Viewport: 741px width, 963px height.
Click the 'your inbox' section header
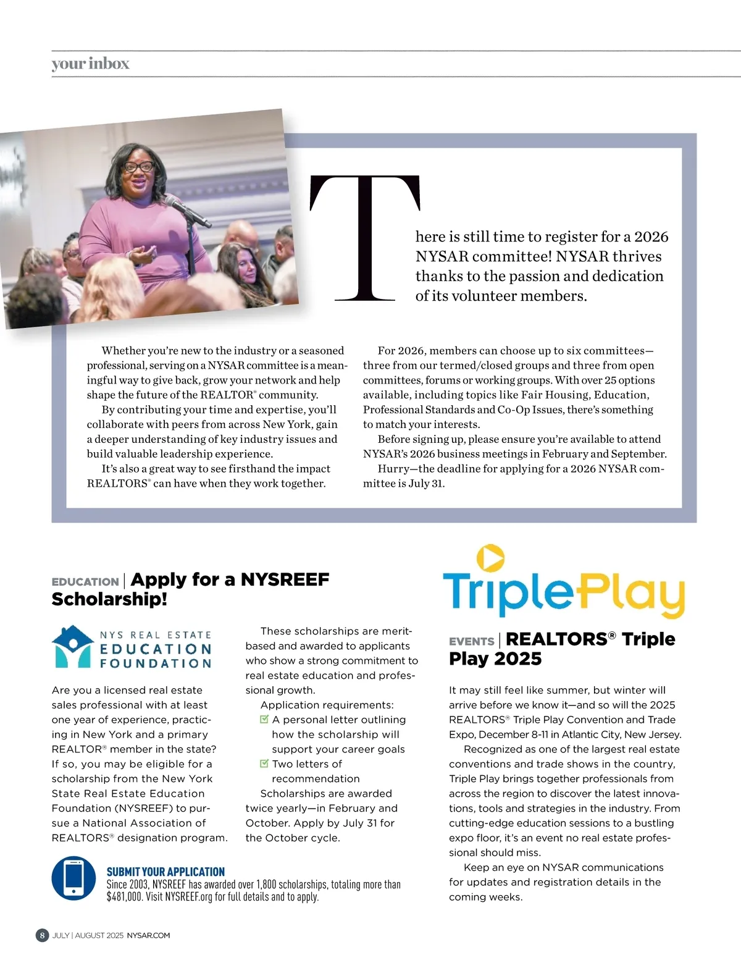click(x=90, y=64)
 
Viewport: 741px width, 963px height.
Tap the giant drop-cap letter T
click(x=365, y=238)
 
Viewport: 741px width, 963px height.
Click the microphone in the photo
click(x=186, y=211)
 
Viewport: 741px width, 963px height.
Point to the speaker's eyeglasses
click(x=140, y=166)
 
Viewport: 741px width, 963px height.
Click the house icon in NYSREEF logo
click(x=73, y=646)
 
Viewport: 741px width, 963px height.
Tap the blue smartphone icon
click(x=73, y=878)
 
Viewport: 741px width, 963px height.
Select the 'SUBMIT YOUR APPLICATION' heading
click(x=165, y=872)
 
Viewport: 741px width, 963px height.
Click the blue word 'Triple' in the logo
click(x=508, y=592)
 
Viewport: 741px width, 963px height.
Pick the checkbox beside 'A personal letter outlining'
click(x=264, y=719)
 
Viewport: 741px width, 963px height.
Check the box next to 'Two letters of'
click(x=264, y=763)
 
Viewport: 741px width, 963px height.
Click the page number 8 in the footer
click(x=42, y=935)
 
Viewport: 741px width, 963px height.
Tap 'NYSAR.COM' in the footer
click(x=148, y=935)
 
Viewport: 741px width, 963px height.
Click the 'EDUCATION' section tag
click(x=85, y=582)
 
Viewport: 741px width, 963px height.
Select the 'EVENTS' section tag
click(x=471, y=642)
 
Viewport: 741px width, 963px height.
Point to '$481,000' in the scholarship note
click(x=124, y=897)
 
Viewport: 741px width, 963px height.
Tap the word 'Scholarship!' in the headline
click(x=109, y=599)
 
